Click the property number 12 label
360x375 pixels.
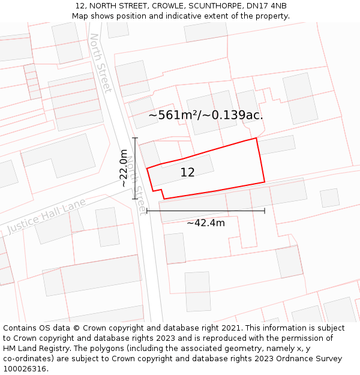(187, 173)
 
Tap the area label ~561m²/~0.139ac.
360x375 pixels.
(206, 115)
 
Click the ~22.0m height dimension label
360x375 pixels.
(124, 169)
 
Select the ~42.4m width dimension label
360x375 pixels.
(206, 223)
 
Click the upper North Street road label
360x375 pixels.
(100, 63)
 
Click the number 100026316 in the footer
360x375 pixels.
(26, 369)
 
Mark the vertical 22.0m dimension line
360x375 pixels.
(135, 169)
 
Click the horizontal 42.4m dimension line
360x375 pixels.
(206, 211)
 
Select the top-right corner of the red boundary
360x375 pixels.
(256, 138)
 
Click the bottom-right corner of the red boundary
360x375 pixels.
(265, 182)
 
